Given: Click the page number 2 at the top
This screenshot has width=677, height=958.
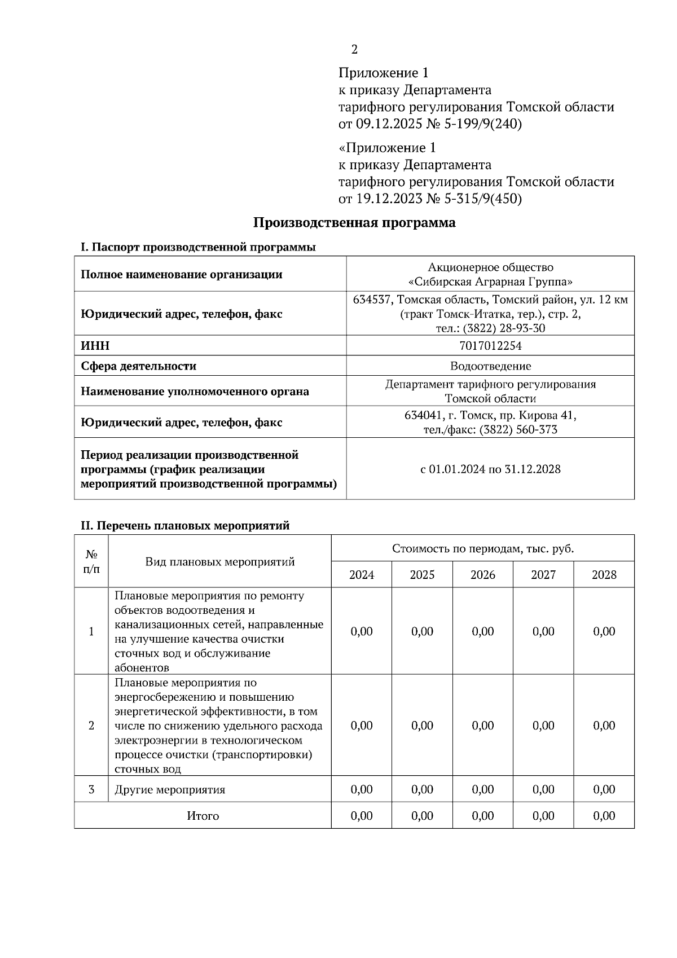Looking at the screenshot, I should (354, 50).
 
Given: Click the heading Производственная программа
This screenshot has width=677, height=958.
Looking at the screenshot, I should (354, 223).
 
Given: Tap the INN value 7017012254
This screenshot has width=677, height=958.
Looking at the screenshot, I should (490, 345).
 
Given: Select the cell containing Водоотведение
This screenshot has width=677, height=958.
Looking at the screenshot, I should (490, 366).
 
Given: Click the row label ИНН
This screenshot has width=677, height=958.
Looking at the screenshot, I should (95, 345).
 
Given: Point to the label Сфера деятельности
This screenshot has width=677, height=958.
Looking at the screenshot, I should (139, 366).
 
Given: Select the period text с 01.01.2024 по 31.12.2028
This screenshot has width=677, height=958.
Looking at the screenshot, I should (490, 469).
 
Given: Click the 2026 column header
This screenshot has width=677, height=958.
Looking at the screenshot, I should (482, 575).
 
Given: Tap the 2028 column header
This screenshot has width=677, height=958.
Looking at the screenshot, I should (604, 575).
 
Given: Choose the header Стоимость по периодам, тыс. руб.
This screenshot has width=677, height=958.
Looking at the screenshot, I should (482, 548).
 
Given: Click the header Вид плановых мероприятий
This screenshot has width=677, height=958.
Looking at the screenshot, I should (220, 562).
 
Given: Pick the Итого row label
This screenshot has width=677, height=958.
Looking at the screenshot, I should (203, 816).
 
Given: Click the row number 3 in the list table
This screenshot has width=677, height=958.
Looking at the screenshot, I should (91, 789).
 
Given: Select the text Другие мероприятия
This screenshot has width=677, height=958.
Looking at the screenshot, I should (170, 790).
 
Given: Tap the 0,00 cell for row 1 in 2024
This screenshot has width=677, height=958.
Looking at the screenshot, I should (362, 631).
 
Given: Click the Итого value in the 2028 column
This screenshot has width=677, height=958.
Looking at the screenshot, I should (604, 816).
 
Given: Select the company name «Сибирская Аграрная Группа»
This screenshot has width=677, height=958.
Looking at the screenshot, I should (490, 282).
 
